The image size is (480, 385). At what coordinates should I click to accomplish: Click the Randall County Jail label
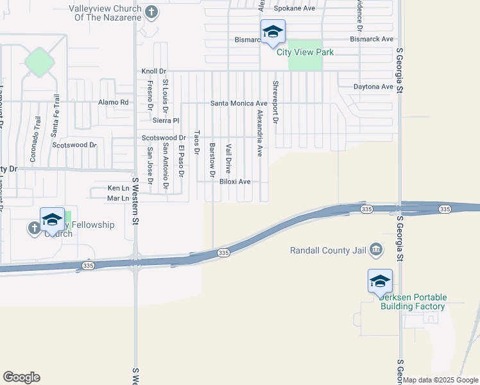pos(329,250)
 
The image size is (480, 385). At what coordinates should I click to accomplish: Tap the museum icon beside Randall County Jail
pos(377,249)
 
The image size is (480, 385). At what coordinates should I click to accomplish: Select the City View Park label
pos(305,52)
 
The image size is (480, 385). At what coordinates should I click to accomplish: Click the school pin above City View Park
pos(273,32)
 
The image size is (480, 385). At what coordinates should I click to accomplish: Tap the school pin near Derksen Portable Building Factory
pos(380,281)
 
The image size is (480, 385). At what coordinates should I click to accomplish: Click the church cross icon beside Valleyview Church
pos(151,12)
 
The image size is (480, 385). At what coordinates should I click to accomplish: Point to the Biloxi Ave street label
pos(235,182)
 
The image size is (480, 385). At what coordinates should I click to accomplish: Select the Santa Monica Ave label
pos(239,103)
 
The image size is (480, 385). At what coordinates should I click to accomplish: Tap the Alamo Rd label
pos(114,102)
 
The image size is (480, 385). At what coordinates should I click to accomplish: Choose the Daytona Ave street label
pos(373,87)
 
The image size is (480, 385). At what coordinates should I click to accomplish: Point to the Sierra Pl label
pos(166,120)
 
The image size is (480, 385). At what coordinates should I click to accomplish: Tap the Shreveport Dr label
pos(275,101)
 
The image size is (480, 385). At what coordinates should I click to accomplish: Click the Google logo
pos(21,377)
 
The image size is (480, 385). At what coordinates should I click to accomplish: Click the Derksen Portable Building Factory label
pos(412,302)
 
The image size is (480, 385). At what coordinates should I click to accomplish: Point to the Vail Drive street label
pos(228,158)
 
